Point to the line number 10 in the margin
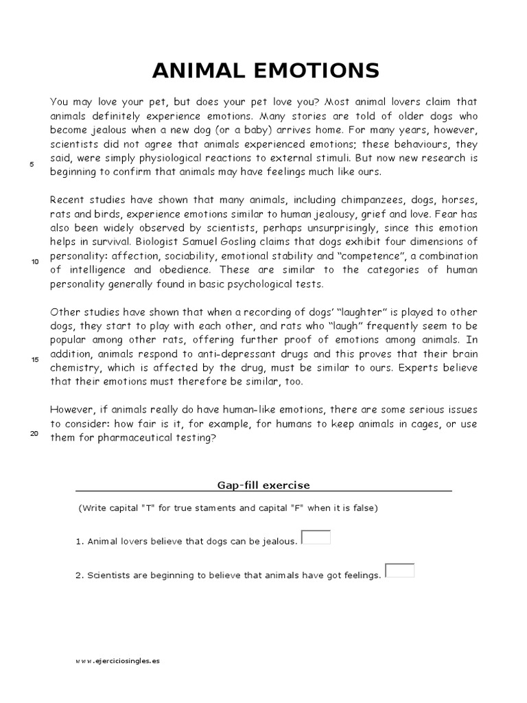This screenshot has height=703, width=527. click(x=34, y=262)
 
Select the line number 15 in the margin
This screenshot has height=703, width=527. click(x=34, y=360)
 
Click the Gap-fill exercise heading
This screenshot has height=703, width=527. click(x=263, y=485)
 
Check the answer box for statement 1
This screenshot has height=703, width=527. click(x=316, y=538)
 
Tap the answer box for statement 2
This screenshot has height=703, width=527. click(x=399, y=571)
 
